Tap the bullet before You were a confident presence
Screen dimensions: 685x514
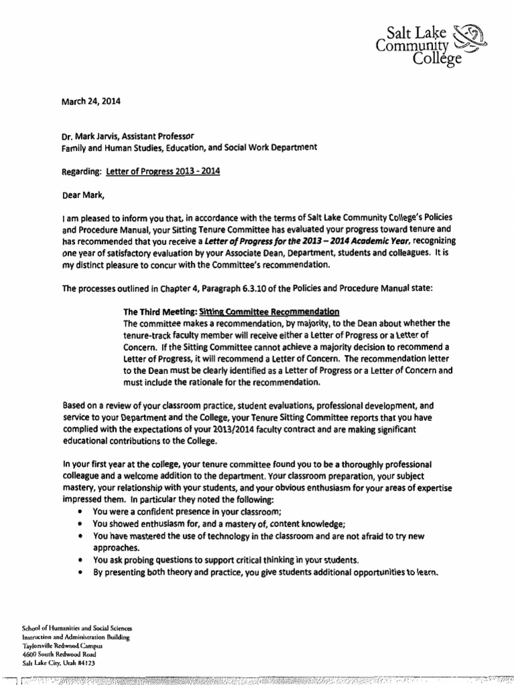tap(80, 512)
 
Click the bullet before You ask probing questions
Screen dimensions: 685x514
tap(80, 559)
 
